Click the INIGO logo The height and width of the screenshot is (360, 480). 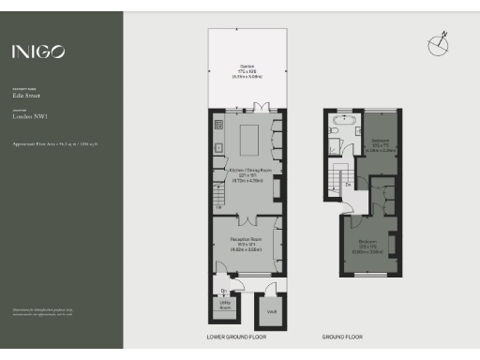tap(38, 52)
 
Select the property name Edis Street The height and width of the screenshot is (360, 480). tap(25, 96)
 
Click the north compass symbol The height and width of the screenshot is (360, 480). tap(439, 43)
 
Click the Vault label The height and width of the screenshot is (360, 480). tap(270, 310)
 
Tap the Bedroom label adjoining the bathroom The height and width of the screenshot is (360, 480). tap(381, 146)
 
